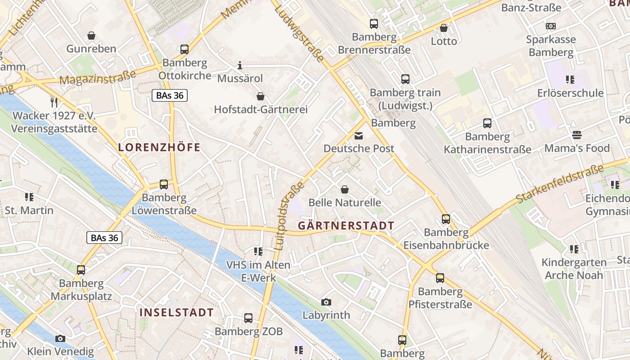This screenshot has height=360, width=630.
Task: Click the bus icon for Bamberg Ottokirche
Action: (184, 49)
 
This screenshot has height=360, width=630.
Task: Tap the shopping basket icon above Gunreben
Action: (91, 36)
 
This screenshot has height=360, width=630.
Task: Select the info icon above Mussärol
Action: (240, 66)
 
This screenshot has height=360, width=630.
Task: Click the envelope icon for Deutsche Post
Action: (359, 135)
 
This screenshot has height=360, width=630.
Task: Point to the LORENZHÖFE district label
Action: (159, 147)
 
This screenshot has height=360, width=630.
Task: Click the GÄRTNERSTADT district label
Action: (346, 226)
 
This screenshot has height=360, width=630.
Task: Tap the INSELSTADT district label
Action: (176, 312)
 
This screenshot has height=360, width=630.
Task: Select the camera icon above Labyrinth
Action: (326, 302)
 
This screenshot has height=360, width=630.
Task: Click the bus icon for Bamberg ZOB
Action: (248, 318)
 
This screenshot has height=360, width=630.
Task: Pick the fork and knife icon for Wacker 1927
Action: (54, 102)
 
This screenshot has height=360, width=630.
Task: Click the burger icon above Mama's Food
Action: (577, 135)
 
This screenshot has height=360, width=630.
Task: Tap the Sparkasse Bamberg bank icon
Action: (551, 26)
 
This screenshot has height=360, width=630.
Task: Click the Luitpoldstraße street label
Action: (283, 216)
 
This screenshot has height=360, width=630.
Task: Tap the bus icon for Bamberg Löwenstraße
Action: (164, 184)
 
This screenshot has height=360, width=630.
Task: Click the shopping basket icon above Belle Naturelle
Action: (345, 189)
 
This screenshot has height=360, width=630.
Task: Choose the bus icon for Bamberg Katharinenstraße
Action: (487, 123)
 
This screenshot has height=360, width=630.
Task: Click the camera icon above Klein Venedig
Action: (60, 338)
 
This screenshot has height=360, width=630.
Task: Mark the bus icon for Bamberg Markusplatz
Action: (81, 270)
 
